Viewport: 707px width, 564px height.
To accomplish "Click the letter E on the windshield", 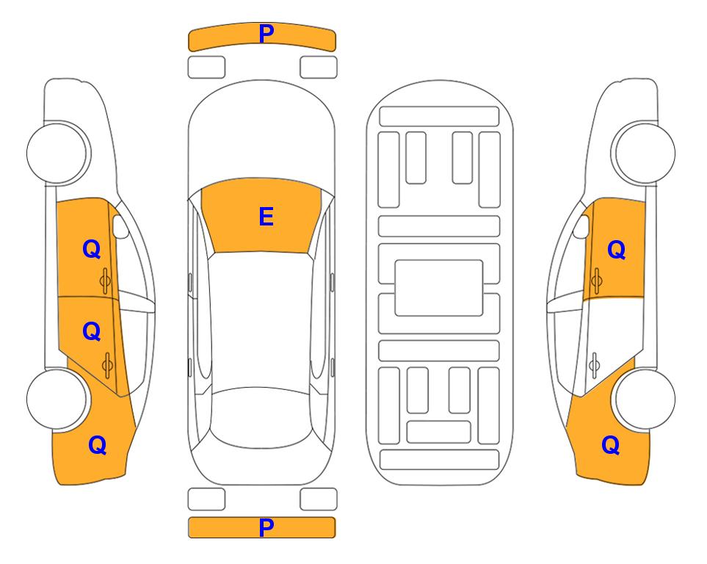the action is click(x=266, y=217).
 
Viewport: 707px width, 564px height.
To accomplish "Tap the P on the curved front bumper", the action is click(x=267, y=34).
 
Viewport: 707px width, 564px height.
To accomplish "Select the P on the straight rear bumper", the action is click(x=267, y=527).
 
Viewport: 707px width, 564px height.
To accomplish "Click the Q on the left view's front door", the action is click(x=92, y=249).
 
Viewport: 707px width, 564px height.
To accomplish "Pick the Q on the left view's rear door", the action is click(x=92, y=331).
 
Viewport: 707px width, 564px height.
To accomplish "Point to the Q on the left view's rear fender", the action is click(x=98, y=445).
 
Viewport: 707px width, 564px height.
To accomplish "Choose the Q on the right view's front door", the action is click(x=617, y=250).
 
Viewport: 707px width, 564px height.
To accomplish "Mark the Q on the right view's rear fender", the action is click(x=611, y=445).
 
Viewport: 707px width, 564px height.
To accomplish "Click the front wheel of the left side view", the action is click(x=57, y=153).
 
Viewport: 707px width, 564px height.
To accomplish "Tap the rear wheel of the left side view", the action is click(x=57, y=399).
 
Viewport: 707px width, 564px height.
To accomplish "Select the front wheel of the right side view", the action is click(x=645, y=153).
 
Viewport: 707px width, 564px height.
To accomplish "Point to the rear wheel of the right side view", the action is click(x=645, y=399).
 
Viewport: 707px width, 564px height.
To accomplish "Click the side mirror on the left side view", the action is click(x=120, y=226).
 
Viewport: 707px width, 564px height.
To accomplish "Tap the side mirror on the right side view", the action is click(x=581, y=226).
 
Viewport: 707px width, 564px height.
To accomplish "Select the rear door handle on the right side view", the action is click(x=595, y=366).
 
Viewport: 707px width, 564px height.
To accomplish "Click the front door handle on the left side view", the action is click(x=105, y=281).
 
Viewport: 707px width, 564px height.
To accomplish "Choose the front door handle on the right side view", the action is click(x=597, y=281).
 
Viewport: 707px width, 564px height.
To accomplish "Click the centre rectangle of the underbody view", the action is click(x=439, y=288).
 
